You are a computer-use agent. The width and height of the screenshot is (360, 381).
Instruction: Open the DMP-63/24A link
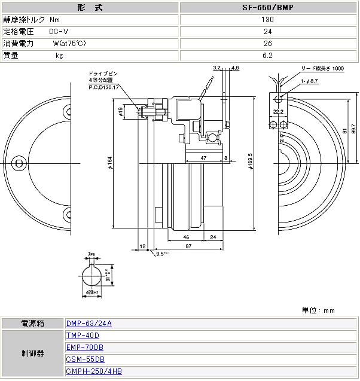pos(89,324)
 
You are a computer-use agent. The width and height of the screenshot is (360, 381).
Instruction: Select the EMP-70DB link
pos(84,348)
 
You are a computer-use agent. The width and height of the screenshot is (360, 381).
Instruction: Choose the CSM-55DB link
pos(85,359)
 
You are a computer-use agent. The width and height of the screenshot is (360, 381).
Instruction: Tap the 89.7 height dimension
pos(353,128)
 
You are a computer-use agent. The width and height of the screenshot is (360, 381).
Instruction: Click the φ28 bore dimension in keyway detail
pos(91,292)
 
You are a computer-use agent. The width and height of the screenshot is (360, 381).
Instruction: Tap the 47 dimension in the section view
pos(204,157)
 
